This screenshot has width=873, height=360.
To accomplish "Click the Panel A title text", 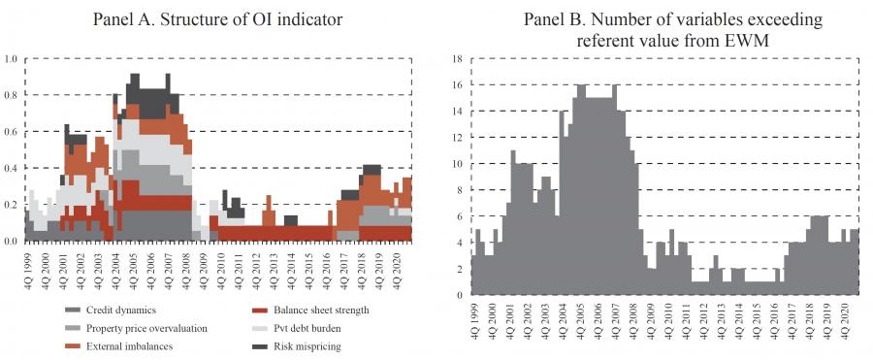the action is pos(217,19).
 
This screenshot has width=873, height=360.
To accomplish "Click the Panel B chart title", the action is pos(672,29).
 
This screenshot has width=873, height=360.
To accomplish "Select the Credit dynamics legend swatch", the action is pos(73,311).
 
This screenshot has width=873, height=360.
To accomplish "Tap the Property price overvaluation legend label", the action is pos(146,328).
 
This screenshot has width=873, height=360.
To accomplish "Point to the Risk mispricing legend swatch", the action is pos(259,346).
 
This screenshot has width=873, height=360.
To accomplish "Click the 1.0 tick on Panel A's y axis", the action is pos(11,58).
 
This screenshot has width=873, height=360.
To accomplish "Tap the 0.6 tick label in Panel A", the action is pos(11,132).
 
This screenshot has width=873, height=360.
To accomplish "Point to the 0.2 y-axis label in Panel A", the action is pos(11,205).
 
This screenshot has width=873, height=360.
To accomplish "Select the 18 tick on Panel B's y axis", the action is pos(457,58).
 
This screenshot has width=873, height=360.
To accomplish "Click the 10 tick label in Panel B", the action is pos(457,164).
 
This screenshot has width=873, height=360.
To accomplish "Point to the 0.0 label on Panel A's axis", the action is pos(11,242).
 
